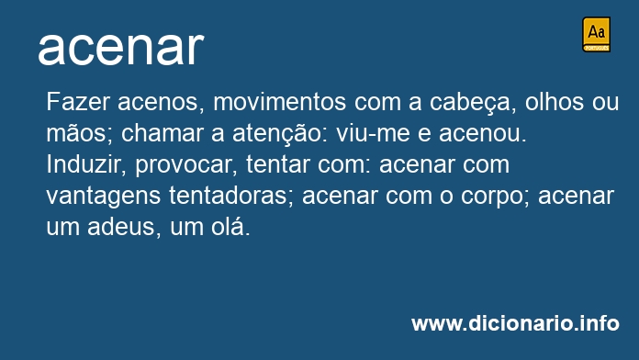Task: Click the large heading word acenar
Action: point(121,48)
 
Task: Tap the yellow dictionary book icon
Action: point(596,34)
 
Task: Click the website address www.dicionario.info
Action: point(516,323)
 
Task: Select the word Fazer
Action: point(78,101)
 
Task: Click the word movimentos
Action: point(279,102)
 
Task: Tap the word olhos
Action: point(555,101)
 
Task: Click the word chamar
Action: point(163,132)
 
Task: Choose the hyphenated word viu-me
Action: point(373,133)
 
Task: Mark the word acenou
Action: point(483,134)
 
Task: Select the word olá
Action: point(230,226)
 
